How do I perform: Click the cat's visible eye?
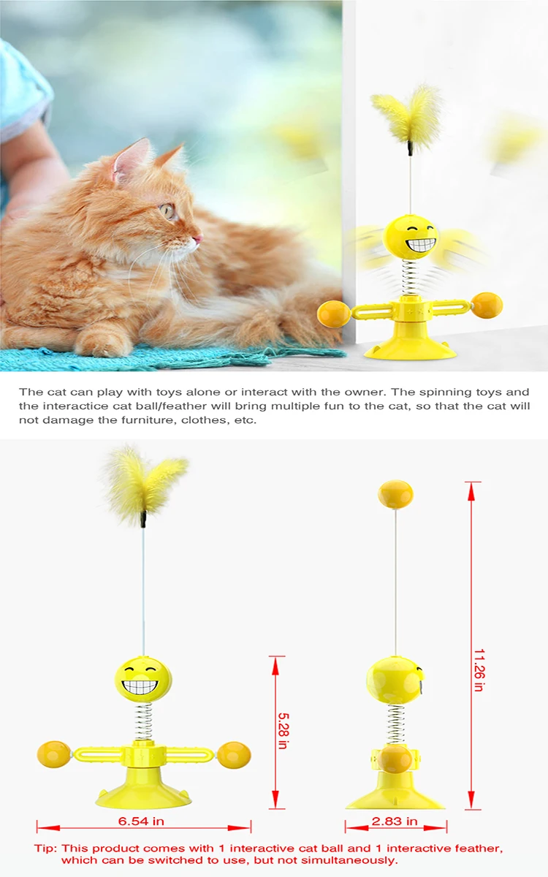(168, 211)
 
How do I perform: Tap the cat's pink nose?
(199, 238)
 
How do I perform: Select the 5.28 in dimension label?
(283, 730)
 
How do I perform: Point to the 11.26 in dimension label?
(479, 670)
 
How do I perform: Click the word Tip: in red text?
(45, 848)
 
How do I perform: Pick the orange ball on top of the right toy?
(395, 494)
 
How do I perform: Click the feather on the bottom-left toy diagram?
(144, 485)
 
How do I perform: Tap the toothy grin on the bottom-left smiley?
(140, 686)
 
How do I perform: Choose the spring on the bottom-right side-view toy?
(395, 726)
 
